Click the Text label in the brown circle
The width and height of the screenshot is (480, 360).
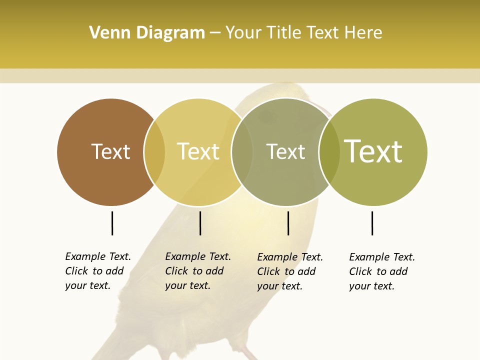point(110,151)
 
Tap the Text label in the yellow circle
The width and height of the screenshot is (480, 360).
point(198,151)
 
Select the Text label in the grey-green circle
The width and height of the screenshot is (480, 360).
point(285,151)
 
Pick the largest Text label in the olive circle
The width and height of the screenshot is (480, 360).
point(373,151)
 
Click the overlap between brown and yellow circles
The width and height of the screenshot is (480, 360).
point(154,152)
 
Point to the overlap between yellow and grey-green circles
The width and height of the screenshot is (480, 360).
point(242,152)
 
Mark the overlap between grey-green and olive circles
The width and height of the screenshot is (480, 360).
point(329,152)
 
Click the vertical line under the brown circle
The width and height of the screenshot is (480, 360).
point(112,223)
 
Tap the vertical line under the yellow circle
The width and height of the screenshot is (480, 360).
point(200,223)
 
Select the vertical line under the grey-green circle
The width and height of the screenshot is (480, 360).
point(288,223)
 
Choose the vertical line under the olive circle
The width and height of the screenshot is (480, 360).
point(372,223)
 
